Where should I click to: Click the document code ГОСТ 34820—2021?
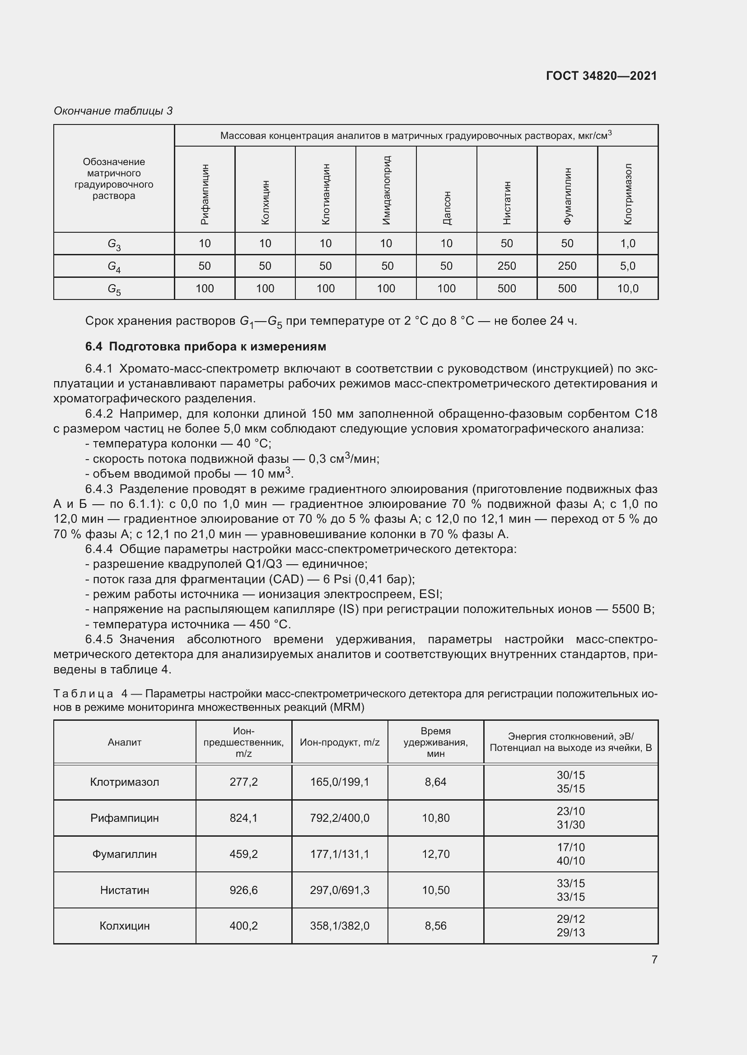[x=601, y=76]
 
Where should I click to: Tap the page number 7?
[x=654, y=959]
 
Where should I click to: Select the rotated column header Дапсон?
[x=447, y=207]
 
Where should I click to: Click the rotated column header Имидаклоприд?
[x=387, y=190]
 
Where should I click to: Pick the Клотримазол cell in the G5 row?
[x=627, y=289]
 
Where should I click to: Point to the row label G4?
[x=114, y=267]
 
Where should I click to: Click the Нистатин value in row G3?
[x=506, y=244]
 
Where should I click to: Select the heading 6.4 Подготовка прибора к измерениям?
[x=205, y=346]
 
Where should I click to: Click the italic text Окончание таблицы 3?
[x=113, y=111]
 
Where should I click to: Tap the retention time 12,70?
[x=435, y=854]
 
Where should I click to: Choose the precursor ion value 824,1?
[x=243, y=818]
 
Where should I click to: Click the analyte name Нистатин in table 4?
[x=125, y=890]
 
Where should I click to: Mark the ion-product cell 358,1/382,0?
[x=340, y=926]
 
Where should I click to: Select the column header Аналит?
[x=125, y=742]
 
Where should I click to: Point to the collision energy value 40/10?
[x=570, y=861]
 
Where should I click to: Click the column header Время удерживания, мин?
[x=435, y=742]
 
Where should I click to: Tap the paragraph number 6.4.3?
[x=99, y=489]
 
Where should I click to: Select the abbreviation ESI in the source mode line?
[x=430, y=594]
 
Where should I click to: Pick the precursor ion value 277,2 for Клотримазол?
[x=243, y=782]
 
